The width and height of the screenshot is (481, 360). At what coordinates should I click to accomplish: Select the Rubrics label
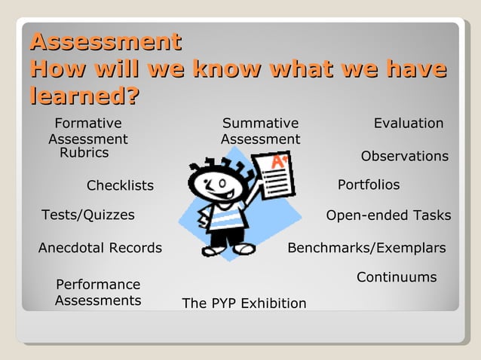click(x=84, y=153)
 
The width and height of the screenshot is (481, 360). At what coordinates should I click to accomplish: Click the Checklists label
click(x=120, y=186)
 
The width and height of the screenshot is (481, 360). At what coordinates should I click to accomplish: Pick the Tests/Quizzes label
click(x=88, y=215)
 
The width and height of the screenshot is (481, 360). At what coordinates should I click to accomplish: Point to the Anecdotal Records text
click(x=100, y=248)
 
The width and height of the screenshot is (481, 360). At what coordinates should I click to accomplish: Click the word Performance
click(x=98, y=285)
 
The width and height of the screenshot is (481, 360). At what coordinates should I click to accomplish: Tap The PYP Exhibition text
click(x=244, y=304)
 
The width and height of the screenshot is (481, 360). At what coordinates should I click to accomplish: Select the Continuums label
click(x=397, y=277)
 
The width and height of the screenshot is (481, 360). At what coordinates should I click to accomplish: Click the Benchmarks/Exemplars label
click(x=366, y=248)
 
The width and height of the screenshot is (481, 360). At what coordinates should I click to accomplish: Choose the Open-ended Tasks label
click(x=388, y=215)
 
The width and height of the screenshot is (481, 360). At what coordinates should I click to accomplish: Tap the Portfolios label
click(x=369, y=185)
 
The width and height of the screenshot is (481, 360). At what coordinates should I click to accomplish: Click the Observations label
click(x=405, y=156)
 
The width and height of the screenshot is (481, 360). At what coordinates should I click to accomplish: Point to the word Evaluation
click(x=409, y=124)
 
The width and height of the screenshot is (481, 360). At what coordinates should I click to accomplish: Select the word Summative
click(x=260, y=124)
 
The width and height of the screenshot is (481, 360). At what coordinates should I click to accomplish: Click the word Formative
click(x=88, y=124)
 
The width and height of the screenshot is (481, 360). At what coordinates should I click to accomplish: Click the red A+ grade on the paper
click(x=278, y=162)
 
